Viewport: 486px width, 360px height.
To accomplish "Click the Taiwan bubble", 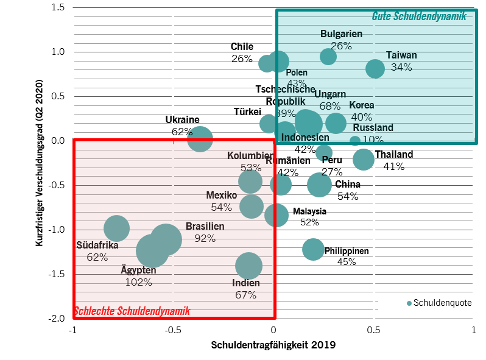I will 375,68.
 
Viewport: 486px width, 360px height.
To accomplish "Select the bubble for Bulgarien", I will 328,57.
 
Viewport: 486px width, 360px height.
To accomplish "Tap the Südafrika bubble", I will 116,228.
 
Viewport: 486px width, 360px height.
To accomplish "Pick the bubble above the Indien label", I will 248,266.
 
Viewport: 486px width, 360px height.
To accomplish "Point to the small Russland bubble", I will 355,141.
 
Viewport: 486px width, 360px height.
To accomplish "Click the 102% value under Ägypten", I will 138,282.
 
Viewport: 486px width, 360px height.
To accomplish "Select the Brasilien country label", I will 205,227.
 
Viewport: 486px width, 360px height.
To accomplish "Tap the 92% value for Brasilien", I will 205,238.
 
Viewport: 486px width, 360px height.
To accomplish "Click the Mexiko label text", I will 221,196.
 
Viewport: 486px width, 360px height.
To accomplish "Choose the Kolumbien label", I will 250,156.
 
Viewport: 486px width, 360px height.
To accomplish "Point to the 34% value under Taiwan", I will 401,67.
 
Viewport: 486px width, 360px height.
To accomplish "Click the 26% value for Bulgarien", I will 341,46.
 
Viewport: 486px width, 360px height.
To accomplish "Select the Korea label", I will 362,105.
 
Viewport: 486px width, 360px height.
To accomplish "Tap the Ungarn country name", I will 330,94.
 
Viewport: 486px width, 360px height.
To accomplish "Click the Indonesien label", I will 305,138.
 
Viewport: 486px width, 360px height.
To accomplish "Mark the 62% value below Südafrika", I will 97,257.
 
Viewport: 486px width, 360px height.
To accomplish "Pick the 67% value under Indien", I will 245,295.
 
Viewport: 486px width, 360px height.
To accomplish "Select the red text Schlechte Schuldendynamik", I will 132,311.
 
